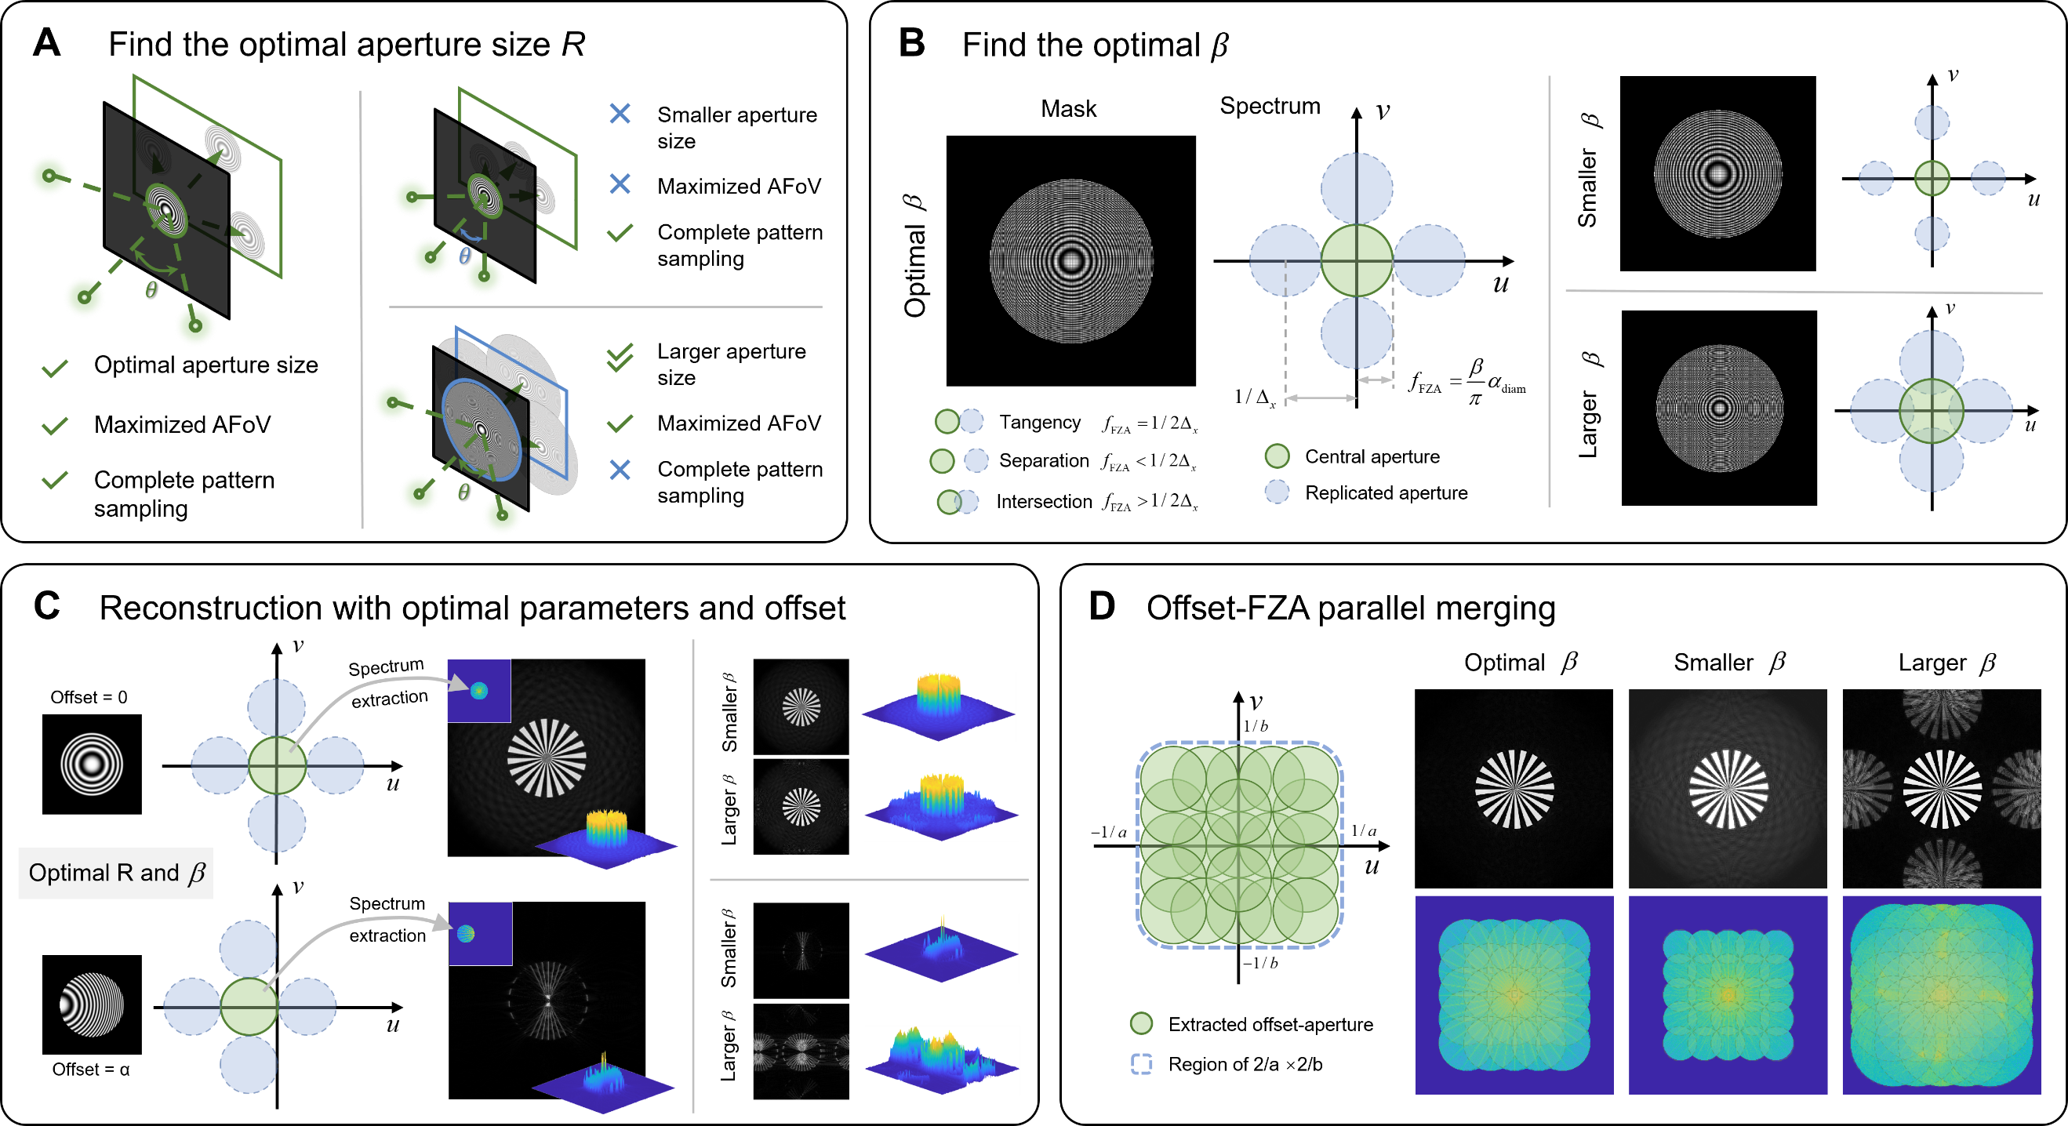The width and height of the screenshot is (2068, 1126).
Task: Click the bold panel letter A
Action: coord(46,42)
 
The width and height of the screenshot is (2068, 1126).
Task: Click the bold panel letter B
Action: coord(912,42)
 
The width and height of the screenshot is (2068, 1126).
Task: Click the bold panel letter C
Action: coord(46,606)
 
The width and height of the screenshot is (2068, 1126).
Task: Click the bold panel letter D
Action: coord(1103,606)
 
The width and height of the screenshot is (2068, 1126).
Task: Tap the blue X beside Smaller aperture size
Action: coord(620,113)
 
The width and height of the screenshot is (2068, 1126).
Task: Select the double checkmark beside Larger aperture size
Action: coord(620,358)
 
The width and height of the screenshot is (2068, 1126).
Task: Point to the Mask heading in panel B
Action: coord(1069,108)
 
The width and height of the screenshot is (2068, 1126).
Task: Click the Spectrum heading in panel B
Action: coord(1270,106)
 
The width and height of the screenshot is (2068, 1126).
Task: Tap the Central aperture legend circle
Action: coord(1278,456)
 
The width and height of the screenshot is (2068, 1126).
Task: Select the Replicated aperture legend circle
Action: coord(1278,492)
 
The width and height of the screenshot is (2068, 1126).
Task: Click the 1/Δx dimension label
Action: coord(1255,397)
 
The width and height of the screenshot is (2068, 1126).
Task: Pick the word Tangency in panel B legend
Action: coord(1040,422)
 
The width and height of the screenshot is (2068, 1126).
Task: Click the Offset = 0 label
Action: coord(89,697)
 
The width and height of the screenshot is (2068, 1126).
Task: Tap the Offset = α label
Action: coord(91,1069)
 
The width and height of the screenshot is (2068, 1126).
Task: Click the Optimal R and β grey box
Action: coord(115,874)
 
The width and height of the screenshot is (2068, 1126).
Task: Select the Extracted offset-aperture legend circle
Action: coord(1141,1023)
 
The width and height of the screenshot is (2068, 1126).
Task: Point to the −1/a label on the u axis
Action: coord(1109,832)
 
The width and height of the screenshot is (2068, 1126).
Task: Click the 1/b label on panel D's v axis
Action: coord(1256,726)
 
